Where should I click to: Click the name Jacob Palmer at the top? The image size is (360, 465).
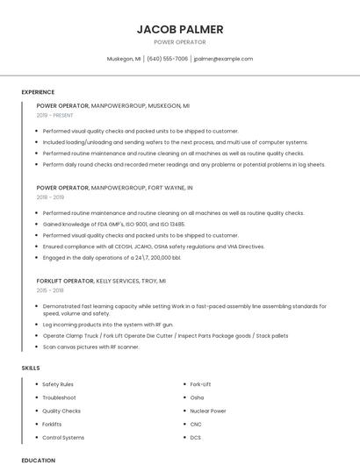point(179,29)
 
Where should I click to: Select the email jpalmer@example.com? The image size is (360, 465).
point(223,59)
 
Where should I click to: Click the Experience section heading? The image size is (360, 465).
point(38,92)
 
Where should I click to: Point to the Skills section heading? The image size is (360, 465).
point(31,368)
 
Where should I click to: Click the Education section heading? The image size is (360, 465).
point(38,460)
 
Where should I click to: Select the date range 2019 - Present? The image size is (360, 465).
point(55,115)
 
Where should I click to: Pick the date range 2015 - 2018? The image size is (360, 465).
point(50,290)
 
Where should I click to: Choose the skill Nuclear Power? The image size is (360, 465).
point(208,411)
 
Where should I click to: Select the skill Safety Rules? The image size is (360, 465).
point(58,384)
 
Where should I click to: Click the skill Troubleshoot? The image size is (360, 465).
point(59,397)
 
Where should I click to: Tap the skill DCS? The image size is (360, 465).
point(196,437)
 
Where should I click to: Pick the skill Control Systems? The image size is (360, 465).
point(63,437)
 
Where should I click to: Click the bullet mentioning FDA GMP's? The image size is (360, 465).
point(114,224)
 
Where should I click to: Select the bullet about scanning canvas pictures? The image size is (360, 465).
point(91,347)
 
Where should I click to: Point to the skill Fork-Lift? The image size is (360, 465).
point(201,384)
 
